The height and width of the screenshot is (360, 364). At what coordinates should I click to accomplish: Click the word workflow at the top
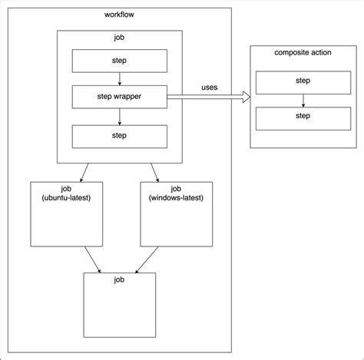point(119,15)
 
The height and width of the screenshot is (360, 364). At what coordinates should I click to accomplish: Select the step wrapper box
point(120,97)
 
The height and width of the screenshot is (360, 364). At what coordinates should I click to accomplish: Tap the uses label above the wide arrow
point(210,88)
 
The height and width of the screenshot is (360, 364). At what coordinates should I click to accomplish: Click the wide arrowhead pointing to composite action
point(247,97)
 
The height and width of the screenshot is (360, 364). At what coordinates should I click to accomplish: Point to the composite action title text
point(303,53)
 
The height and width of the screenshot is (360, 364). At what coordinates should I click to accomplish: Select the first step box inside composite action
point(303,83)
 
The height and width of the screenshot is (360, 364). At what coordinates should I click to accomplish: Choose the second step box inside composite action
point(303,119)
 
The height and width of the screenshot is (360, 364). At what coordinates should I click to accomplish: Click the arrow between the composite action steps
point(303,101)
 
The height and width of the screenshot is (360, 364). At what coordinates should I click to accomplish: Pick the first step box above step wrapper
point(120,61)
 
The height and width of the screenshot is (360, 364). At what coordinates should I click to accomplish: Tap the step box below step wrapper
point(120,137)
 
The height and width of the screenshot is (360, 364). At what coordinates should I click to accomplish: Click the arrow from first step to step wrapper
point(120,79)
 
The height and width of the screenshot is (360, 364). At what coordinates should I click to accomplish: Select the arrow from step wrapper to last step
point(120,117)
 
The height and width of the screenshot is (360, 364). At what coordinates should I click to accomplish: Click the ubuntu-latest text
point(66,198)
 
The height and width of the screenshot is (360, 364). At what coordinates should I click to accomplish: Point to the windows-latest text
point(176,198)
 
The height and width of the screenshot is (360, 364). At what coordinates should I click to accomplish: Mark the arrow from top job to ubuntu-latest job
point(84,173)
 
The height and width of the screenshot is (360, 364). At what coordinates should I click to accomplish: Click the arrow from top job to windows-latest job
point(155,173)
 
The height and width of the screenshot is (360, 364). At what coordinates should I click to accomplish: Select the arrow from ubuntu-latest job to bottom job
point(93,259)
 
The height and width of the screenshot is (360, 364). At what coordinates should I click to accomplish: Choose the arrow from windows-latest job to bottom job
point(147,259)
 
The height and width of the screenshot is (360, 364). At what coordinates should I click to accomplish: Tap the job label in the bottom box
point(119,279)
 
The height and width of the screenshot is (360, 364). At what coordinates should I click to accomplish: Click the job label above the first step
point(119,38)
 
